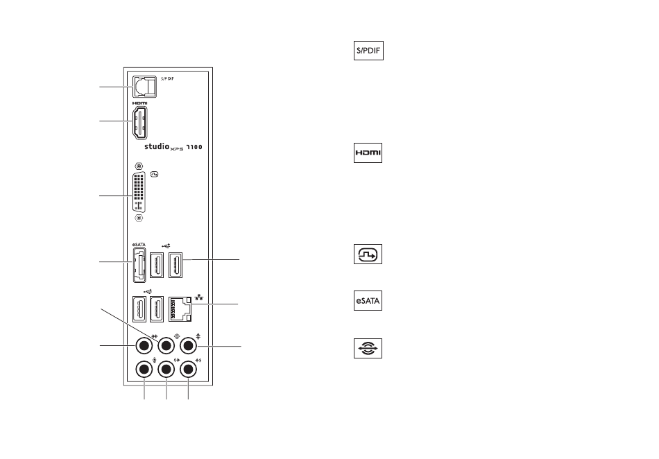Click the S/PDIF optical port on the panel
point(144,87)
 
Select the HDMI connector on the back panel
point(140,123)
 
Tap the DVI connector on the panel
point(139,191)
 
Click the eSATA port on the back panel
point(139,265)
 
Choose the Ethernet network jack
point(180,309)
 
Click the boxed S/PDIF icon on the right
point(368,51)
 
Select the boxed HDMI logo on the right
point(368,153)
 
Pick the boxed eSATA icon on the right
point(368,301)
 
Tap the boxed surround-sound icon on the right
point(368,348)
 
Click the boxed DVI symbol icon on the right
point(368,254)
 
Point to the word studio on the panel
point(157,146)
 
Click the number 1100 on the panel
point(194,147)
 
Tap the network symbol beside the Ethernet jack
point(199,297)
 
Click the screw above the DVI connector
point(139,166)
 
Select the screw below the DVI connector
point(139,218)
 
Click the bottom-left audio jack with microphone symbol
point(144,370)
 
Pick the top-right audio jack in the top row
point(188,346)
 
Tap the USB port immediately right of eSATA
point(157,265)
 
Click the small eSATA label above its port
point(139,245)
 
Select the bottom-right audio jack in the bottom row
point(188,370)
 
